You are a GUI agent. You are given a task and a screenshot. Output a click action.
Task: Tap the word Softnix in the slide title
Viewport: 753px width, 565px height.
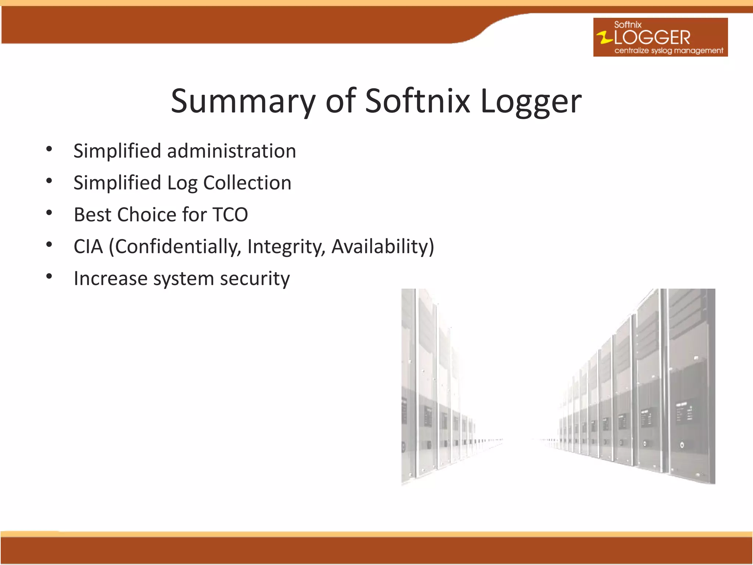tap(417, 101)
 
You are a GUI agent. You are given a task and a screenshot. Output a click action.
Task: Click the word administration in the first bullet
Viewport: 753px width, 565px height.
tap(232, 151)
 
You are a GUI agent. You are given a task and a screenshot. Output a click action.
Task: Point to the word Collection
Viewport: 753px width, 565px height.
tap(247, 183)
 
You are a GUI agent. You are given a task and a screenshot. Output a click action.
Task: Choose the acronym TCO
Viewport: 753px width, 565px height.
tap(230, 215)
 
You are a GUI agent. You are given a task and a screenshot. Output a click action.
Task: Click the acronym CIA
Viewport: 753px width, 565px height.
tap(88, 246)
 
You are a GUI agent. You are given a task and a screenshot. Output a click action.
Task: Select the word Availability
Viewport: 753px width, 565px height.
tap(382, 246)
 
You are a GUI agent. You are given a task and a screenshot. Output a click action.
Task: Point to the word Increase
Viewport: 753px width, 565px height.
tap(111, 278)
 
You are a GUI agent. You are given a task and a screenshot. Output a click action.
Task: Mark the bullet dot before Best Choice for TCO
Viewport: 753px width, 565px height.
tap(49, 213)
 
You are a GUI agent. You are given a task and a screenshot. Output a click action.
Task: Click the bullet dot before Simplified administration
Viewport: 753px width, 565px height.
tap(49, 149)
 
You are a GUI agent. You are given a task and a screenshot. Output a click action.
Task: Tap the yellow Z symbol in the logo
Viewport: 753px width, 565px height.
tap(604, 38)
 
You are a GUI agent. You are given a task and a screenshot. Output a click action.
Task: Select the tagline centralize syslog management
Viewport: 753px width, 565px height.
tap(668, 50)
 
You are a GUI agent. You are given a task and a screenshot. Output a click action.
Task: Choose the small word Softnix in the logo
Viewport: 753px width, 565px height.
tap(628, 25)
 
